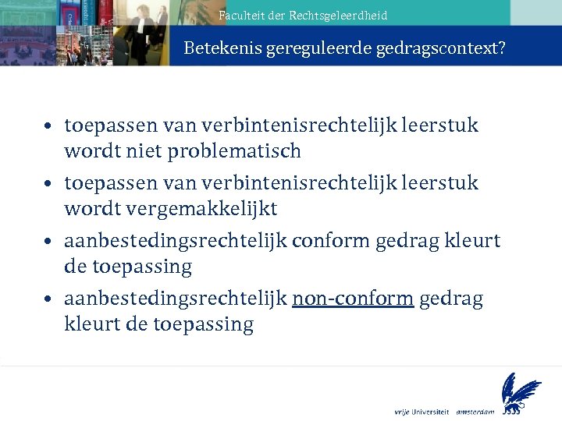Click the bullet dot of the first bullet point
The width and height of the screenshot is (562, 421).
tap(48, 126)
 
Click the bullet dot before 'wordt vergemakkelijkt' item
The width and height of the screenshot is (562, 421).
tap(48, 183)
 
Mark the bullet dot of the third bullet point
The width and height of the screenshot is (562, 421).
tap(48, 241)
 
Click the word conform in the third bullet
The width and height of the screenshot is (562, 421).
tap(330, 241)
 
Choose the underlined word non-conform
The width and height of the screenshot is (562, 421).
tap(353, 299)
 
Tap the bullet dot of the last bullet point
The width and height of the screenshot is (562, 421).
tap(48, 299)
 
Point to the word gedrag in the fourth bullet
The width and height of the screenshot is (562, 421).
tap(451, 299)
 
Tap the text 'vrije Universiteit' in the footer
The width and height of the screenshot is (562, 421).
tap(421, 410)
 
